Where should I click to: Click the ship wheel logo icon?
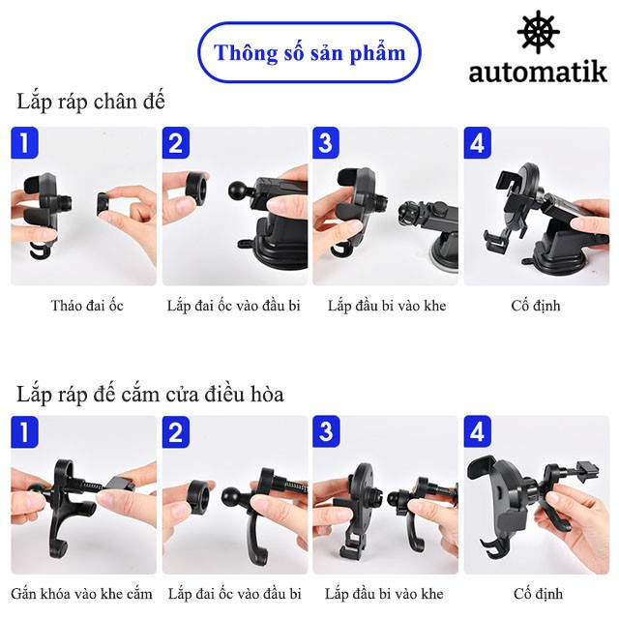coord(538,32)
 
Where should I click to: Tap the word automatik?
coord(538,73)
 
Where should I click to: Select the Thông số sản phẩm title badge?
coord(309,52)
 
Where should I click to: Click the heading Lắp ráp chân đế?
coord(90,102)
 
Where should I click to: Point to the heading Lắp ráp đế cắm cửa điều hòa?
coord(150,394)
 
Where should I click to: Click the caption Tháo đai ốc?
coord(87,306)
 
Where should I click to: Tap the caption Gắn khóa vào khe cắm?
coord(81,593)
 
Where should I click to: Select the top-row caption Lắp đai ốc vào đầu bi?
coord(234,306)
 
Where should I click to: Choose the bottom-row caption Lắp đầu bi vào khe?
coord(384,593)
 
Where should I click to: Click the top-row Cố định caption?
coord(536,306)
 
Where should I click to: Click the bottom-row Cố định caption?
coord(539,593)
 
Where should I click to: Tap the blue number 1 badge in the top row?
coord(24,142)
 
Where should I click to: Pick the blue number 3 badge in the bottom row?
coord(326,431)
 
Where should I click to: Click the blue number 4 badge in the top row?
coord(478,142)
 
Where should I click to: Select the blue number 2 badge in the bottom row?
coord(176,431)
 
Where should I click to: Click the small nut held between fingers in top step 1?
coord(103,204)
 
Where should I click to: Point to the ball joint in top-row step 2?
coord(239,190)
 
